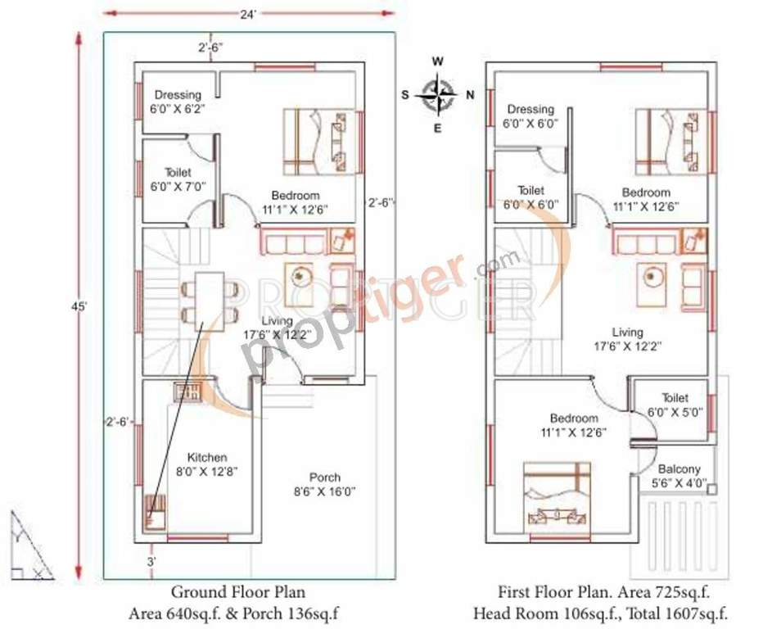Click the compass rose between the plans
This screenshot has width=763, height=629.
(439, 95)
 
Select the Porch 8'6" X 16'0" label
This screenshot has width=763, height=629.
(325, 484)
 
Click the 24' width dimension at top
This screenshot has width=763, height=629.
(248, 12)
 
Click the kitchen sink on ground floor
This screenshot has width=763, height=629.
(188, 391)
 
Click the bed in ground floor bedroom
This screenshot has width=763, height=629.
(319, 142)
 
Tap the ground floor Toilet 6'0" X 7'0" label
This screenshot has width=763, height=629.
(178, 180)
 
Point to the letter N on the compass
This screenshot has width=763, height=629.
(469, 95)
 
